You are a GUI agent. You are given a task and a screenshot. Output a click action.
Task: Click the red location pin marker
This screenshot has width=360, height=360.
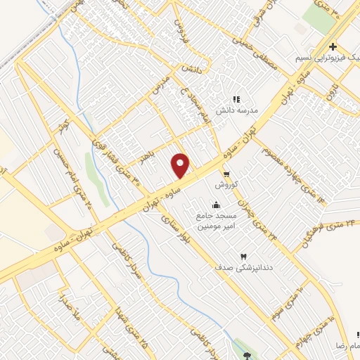(x=181, y=165)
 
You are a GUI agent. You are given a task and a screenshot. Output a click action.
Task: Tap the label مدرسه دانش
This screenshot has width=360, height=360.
(x=238, y=110)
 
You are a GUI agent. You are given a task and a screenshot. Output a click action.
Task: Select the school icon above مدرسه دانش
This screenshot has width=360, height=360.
(x=237, y=99)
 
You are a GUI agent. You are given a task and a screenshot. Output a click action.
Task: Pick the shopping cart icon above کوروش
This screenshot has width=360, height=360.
(x=226, y=172)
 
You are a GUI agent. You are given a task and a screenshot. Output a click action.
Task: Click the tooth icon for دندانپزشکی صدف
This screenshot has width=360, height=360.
(x=243, y=257)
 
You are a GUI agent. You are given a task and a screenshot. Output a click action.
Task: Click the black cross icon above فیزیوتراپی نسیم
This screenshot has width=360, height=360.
(x=333, y=46)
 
